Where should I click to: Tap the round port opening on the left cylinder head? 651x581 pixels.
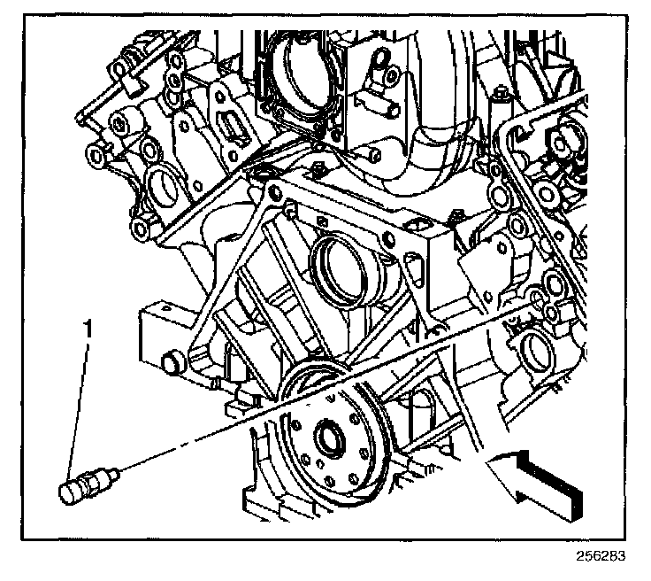coord(164,190)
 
